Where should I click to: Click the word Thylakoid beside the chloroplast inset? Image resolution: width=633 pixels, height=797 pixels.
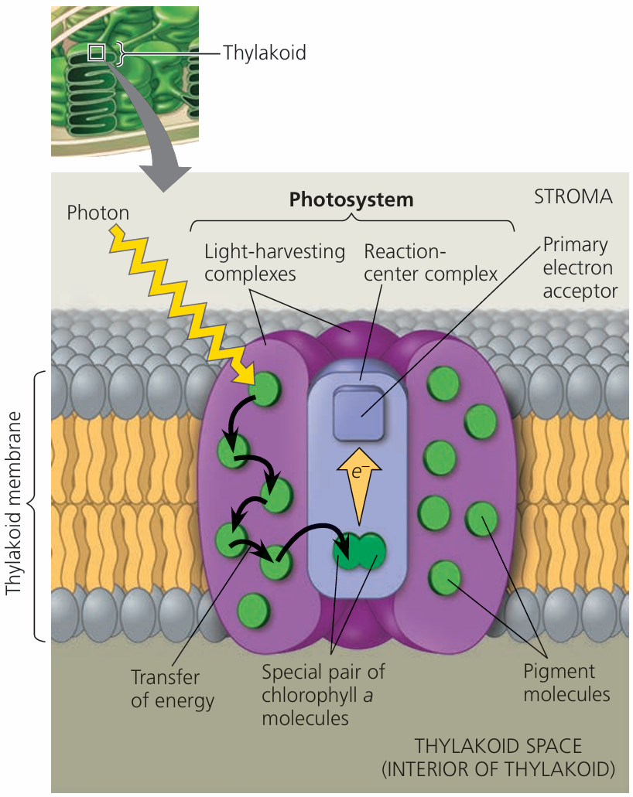(x=264, y=53)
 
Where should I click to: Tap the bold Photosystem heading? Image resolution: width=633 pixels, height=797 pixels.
(x=351, y=199)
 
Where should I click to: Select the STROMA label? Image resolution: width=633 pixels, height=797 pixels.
(x=573, y=196)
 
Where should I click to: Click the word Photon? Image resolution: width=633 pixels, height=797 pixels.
(x=98, y=212)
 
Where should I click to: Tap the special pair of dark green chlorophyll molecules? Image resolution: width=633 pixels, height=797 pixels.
(x=359, y=551)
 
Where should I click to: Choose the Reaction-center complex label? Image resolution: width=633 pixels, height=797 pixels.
(x=430, y=263)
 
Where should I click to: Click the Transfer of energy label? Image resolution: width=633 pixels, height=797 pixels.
(x=166, y=689)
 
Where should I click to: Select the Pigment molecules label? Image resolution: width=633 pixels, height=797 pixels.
(x=566, y=682)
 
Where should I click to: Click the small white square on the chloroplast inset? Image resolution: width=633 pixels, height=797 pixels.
(x=96, y=53)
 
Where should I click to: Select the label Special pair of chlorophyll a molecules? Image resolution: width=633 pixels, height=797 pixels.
(x=323, y=693)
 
